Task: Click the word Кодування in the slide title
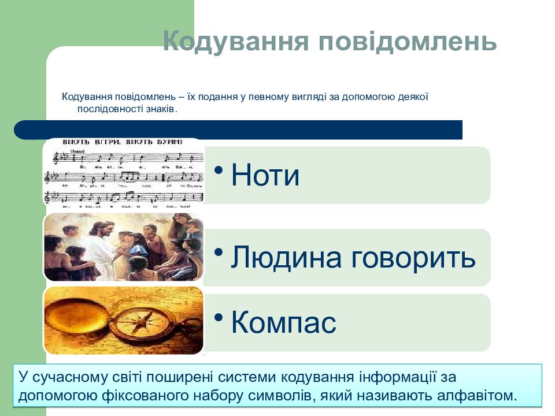pos(235,42)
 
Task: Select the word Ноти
pos(265,175)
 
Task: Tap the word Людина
pos(284,258)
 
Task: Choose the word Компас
pos(283,322)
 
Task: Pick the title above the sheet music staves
pos(123,142)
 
